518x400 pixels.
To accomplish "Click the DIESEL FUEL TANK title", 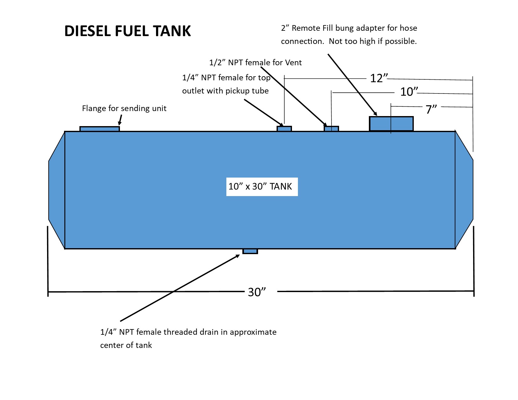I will [x=127, y=31].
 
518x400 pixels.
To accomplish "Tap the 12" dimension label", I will [x=379, y=78].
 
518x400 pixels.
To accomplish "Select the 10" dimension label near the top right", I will [x=409, y=92].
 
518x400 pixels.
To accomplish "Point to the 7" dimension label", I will [x=431, y=109].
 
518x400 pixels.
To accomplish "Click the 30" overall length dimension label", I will [x=257, y=292].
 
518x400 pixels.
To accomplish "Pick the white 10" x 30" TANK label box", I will [x=262, y=187].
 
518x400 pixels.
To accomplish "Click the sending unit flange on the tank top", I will [x=100, y=129].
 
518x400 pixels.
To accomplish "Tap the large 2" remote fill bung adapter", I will [x=391, y=124].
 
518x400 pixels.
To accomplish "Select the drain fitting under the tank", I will [x=250, y=251].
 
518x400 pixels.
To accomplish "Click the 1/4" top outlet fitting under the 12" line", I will [x=284, y=129].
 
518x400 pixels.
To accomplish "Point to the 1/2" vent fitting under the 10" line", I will [x=331, y=129].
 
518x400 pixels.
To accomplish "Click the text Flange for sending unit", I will [x=124, y=108].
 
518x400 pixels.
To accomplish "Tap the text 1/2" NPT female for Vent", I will [x=255, y=62].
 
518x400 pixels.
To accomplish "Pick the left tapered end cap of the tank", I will [x=57, y=190].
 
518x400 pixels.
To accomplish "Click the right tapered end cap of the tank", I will [x=464, y=190].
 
